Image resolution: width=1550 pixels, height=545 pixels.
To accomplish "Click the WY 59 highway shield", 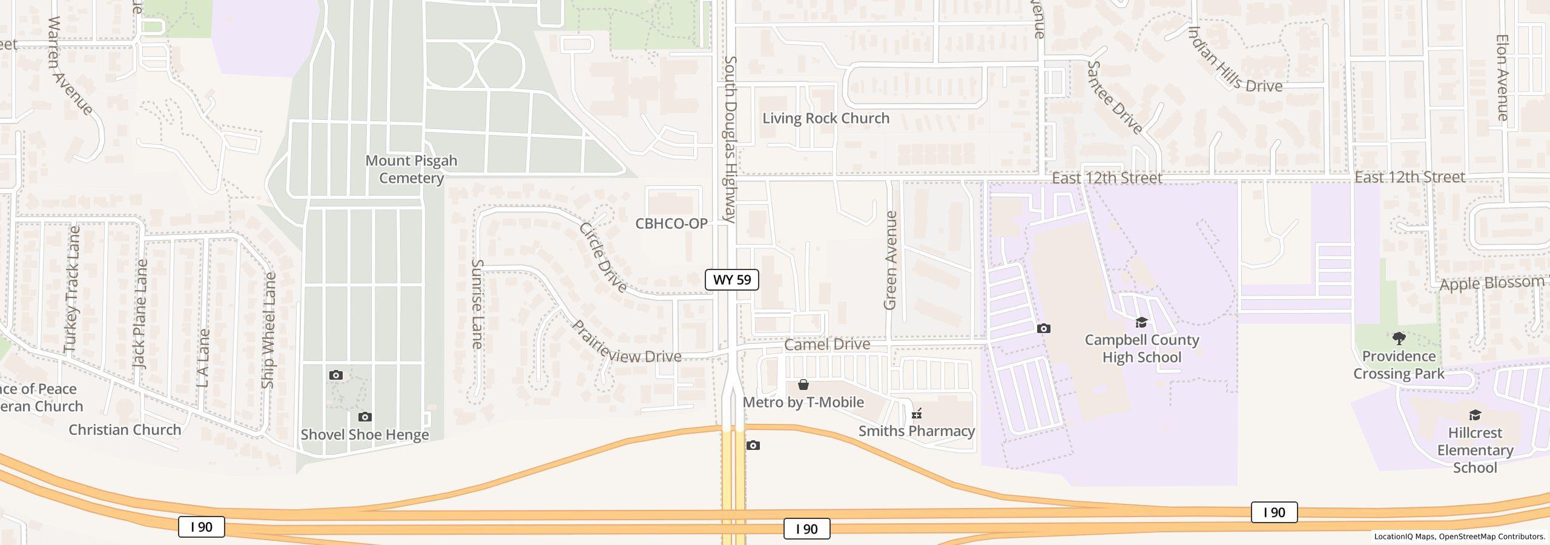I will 731,280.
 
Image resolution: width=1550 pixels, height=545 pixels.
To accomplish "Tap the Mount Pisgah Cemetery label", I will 411,170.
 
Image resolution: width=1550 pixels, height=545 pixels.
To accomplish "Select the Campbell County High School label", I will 1141,349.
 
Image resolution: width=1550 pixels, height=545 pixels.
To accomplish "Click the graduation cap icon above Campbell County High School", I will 1141,322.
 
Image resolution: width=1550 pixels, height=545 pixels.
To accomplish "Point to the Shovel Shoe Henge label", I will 364,435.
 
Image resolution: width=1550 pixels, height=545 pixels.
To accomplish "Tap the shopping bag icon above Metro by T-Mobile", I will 803,385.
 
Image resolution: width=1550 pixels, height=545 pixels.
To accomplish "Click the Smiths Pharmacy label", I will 917,431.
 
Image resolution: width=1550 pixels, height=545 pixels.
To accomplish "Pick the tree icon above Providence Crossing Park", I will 1399,338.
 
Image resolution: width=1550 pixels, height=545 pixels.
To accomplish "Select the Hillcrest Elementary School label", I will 1475,450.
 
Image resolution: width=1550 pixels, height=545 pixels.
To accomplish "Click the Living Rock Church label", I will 826,118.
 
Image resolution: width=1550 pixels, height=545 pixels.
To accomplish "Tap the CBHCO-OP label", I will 671,223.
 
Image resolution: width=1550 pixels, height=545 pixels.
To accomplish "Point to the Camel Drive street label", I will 827,344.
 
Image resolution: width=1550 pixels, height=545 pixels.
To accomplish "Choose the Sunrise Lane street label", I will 477,304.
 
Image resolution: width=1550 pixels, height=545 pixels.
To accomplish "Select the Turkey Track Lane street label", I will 72,289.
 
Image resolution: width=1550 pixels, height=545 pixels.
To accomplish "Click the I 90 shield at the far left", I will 201,527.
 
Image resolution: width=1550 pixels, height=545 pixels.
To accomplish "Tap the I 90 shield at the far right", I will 1274,512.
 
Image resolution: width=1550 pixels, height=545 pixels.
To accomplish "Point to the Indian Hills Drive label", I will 1235,61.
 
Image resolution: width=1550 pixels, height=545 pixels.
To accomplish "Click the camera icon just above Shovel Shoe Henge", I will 364,417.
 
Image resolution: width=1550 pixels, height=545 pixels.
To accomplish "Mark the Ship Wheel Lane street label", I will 268,330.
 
